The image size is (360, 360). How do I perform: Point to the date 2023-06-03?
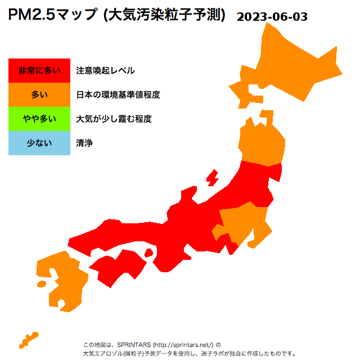272,17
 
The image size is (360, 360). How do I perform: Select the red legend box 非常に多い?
39,70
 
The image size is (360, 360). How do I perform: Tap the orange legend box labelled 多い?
39,94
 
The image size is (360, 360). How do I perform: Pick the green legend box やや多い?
39,119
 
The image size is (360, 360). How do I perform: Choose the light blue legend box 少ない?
39,143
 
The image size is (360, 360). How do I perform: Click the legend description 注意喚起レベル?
105,70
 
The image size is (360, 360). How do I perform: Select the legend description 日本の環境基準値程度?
118,94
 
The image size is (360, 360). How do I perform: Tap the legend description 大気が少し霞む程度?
114,119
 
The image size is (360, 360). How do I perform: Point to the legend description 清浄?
84,143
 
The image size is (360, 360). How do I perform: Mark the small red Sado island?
213,179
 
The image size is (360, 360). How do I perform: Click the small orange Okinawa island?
28,339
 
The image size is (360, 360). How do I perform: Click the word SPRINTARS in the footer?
134,345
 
